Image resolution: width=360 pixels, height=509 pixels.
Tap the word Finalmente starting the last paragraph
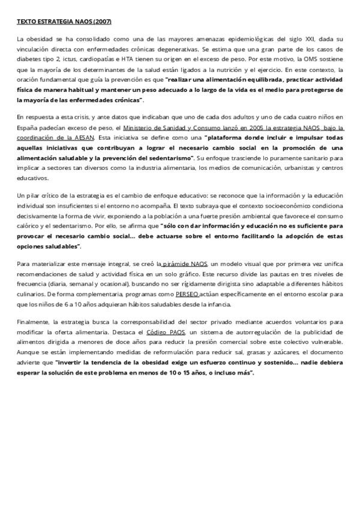[33, 324]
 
